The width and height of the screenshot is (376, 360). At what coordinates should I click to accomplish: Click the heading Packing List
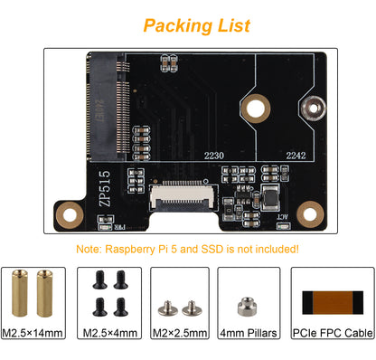197,25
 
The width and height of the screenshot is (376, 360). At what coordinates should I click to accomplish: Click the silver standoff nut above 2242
314,107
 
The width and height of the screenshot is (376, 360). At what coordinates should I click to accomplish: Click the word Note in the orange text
93,249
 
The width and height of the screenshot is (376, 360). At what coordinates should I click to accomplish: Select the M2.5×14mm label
38,333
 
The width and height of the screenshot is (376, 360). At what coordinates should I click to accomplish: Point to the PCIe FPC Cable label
334,333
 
